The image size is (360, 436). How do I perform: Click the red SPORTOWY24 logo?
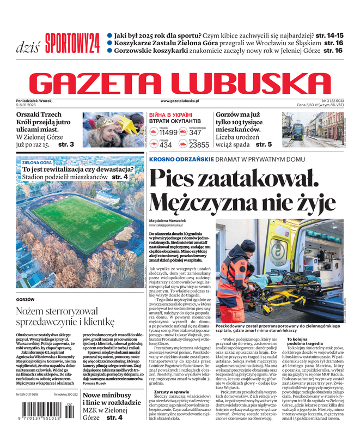[x=72, y=41]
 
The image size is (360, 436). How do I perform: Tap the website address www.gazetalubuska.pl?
[x=180, y=101]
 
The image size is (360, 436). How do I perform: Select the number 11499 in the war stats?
[x=168, y=132]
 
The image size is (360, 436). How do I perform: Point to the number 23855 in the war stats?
[x=199, y=145]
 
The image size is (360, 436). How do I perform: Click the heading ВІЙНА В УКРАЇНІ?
[x=170, y=115]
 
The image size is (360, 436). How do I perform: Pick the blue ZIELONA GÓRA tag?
[x=37, y=162]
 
